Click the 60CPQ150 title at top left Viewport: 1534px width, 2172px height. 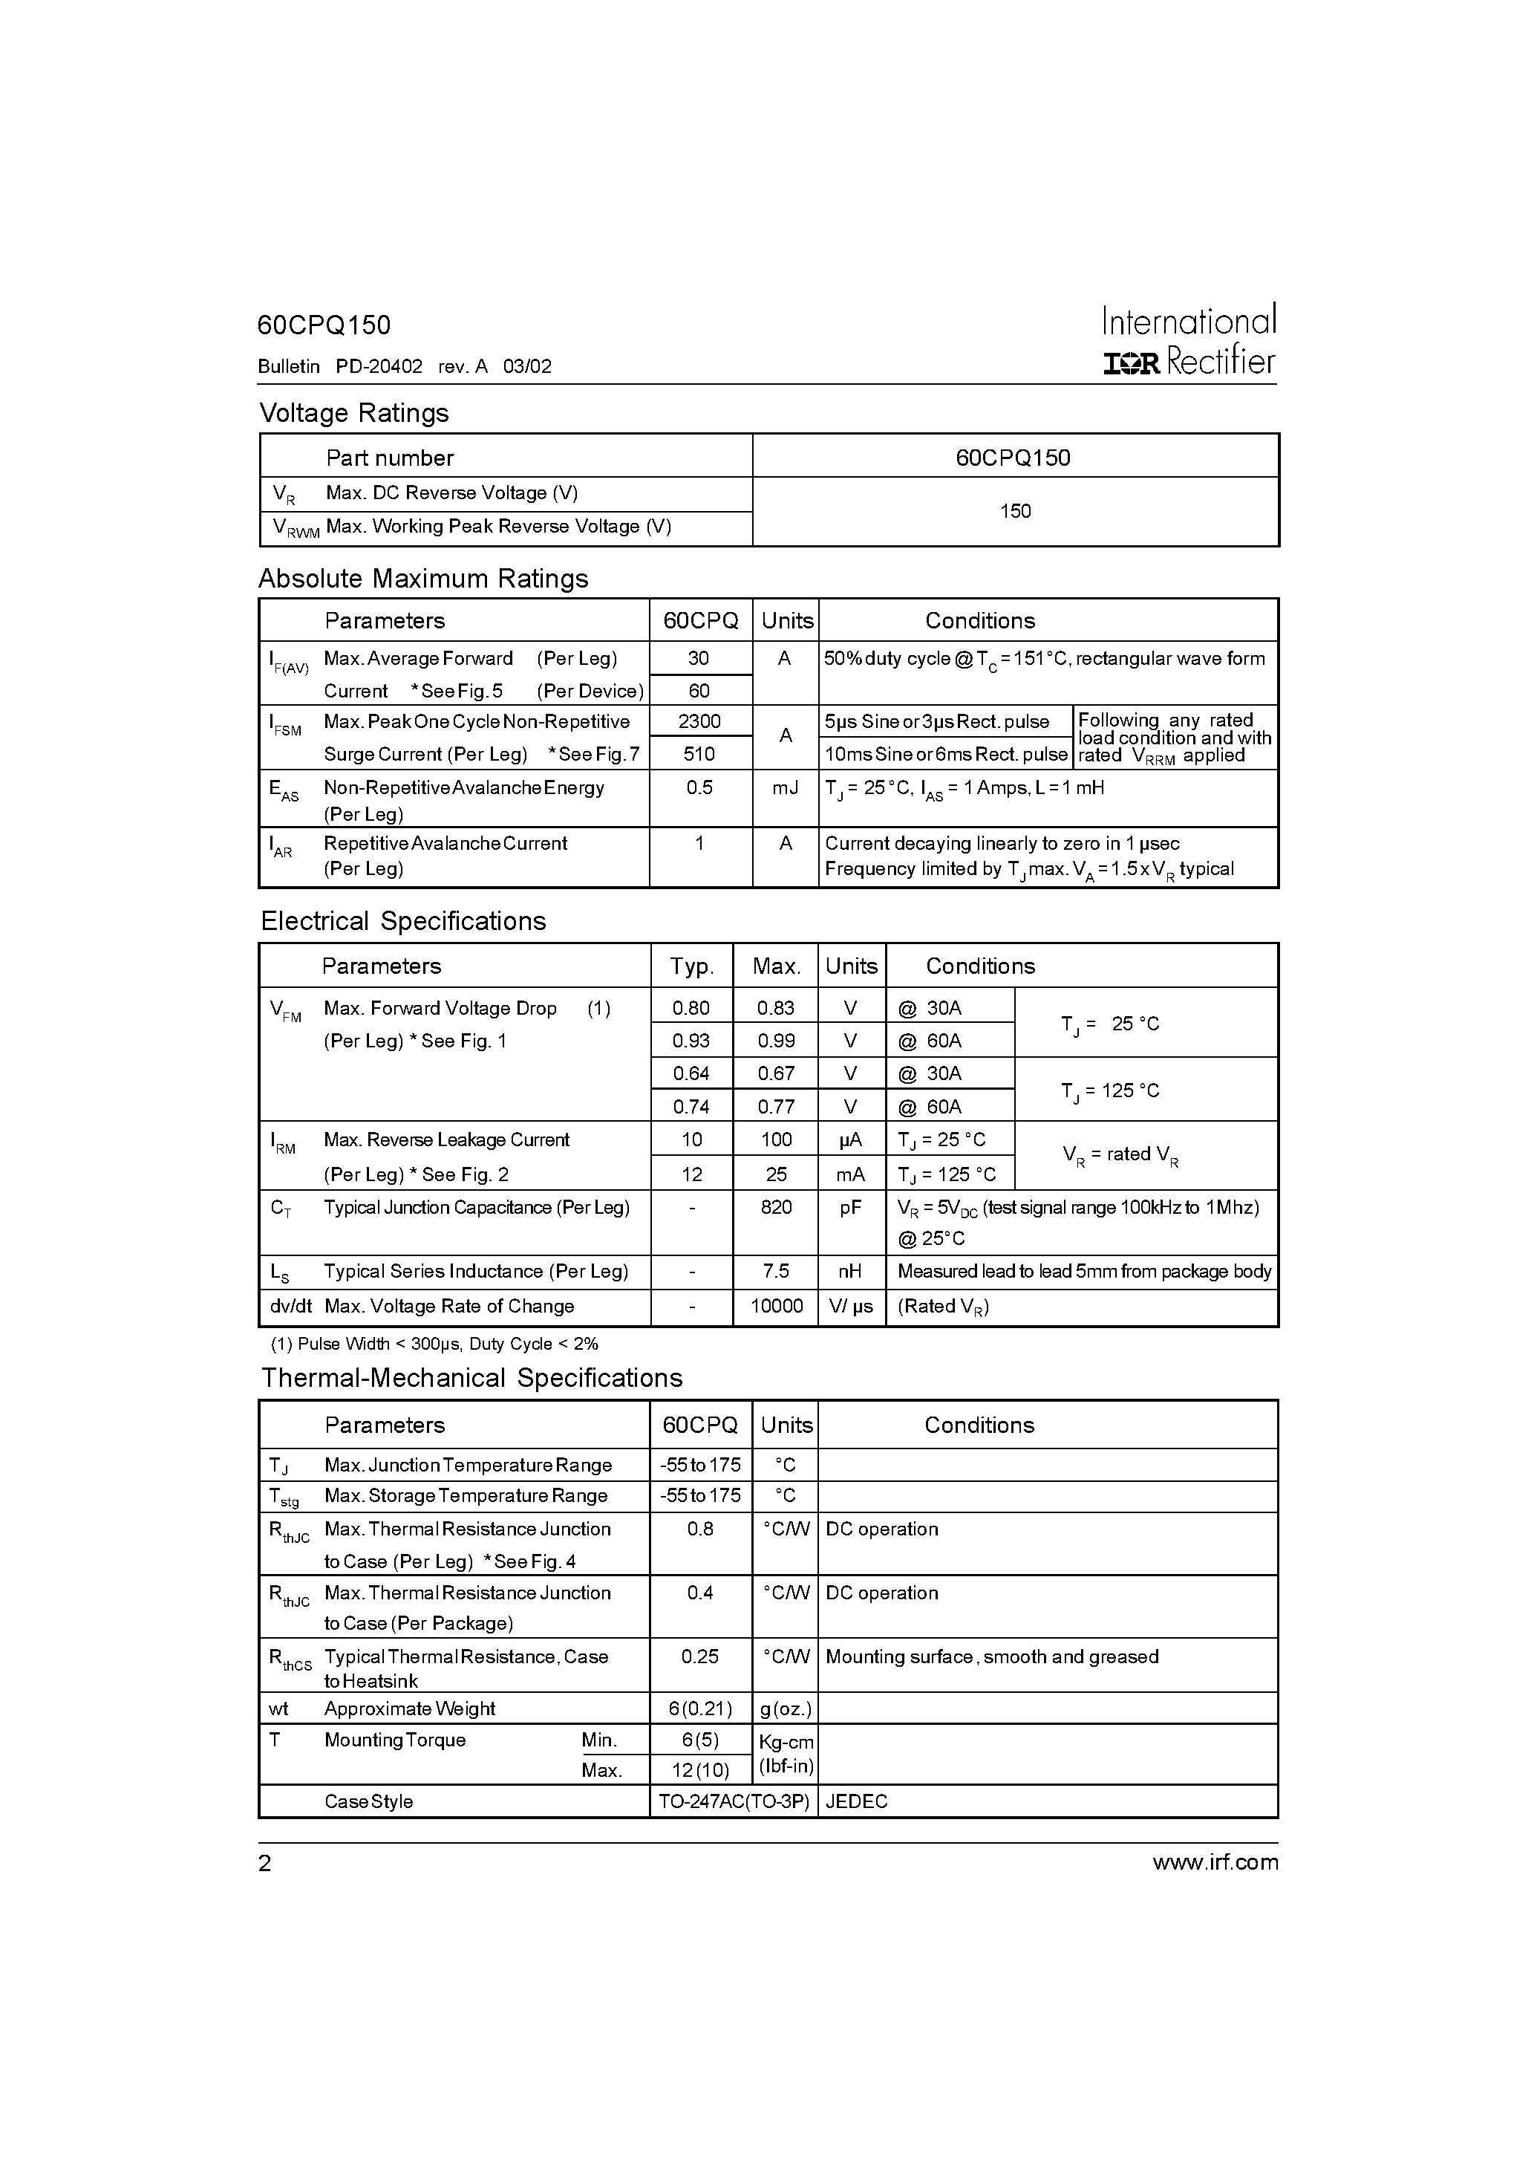tap(324, 325)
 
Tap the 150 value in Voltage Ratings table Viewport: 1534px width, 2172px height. tap(1015, 511)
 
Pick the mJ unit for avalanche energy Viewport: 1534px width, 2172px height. tap(785, 787)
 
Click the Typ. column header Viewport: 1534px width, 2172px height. tap(691, 966)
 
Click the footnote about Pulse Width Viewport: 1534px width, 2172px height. tap(434, 1343)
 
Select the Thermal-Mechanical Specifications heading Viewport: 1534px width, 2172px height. tap(471, 1377)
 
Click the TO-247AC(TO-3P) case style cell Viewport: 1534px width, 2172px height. tap(734, 1801)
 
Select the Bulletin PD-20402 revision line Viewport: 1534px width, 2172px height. tap(404, 366)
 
